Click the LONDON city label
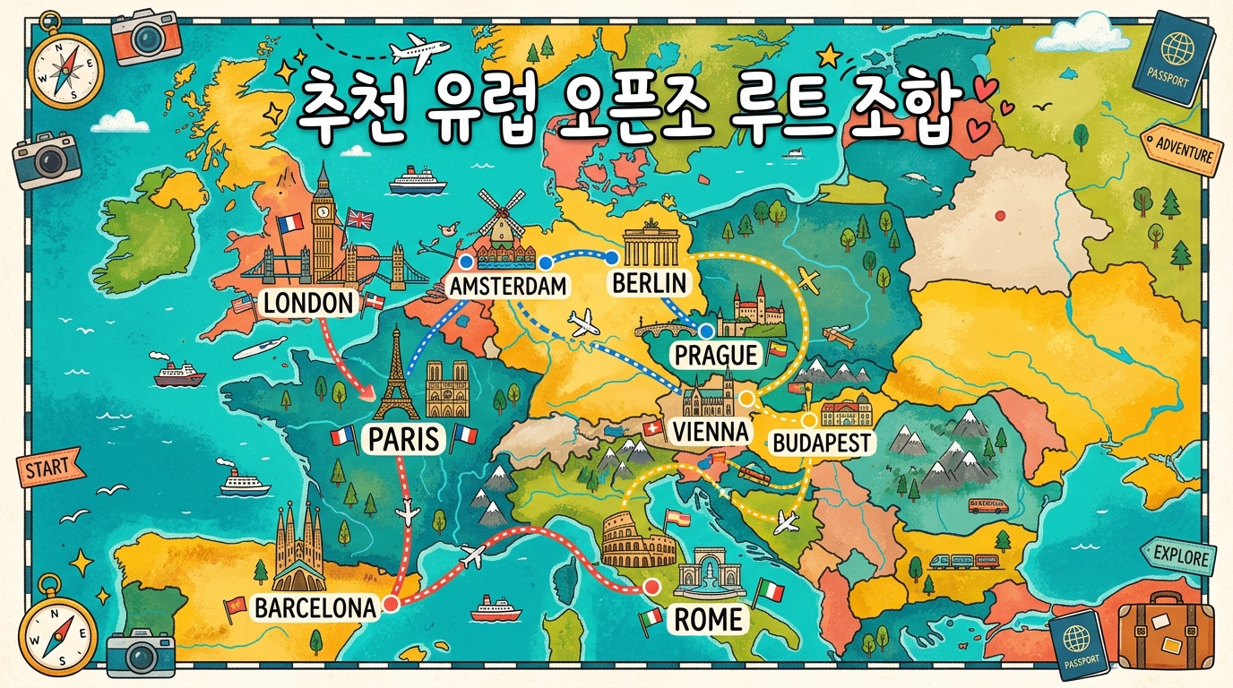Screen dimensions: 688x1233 (308, 303)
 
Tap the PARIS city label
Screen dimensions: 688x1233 (404, 439)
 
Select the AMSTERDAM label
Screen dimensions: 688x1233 (508, 287)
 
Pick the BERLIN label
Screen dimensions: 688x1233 (649, 283)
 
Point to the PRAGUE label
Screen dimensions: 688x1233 (715, 355)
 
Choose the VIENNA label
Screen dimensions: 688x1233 (709, 432)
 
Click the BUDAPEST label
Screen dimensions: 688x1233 (821, 442)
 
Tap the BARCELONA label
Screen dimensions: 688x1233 (315, 607)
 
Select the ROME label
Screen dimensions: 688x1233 (708, 619)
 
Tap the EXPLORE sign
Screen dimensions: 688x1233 (1180, 556)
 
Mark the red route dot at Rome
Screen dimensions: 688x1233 (651, 588)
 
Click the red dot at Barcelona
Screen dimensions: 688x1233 (391, 606)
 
